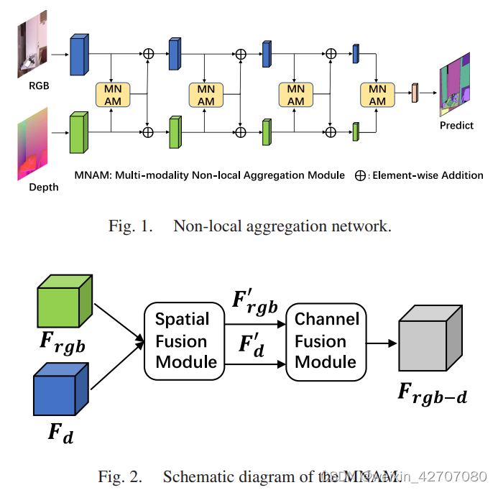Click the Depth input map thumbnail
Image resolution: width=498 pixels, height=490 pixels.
pyautogui.click(x=33, y=143)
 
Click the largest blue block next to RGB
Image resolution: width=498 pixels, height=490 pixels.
pyautogui.click(x=78, y=55)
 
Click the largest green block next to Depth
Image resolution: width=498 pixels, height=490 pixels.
pyautogui.click(x=78, y=134)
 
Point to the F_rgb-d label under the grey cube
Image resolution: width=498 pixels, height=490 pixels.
pyautogui.click(x=432, y=392)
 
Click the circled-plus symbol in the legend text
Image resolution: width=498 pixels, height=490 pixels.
pyautogui.click(x=361, y=175)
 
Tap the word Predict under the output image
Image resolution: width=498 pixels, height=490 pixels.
pyautogui.click(x=456, y=125)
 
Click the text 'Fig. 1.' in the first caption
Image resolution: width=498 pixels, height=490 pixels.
pyautogui.click(x=132, y=226)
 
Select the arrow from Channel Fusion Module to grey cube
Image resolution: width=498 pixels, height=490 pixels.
pyautogui.click(x=381, y=343)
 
